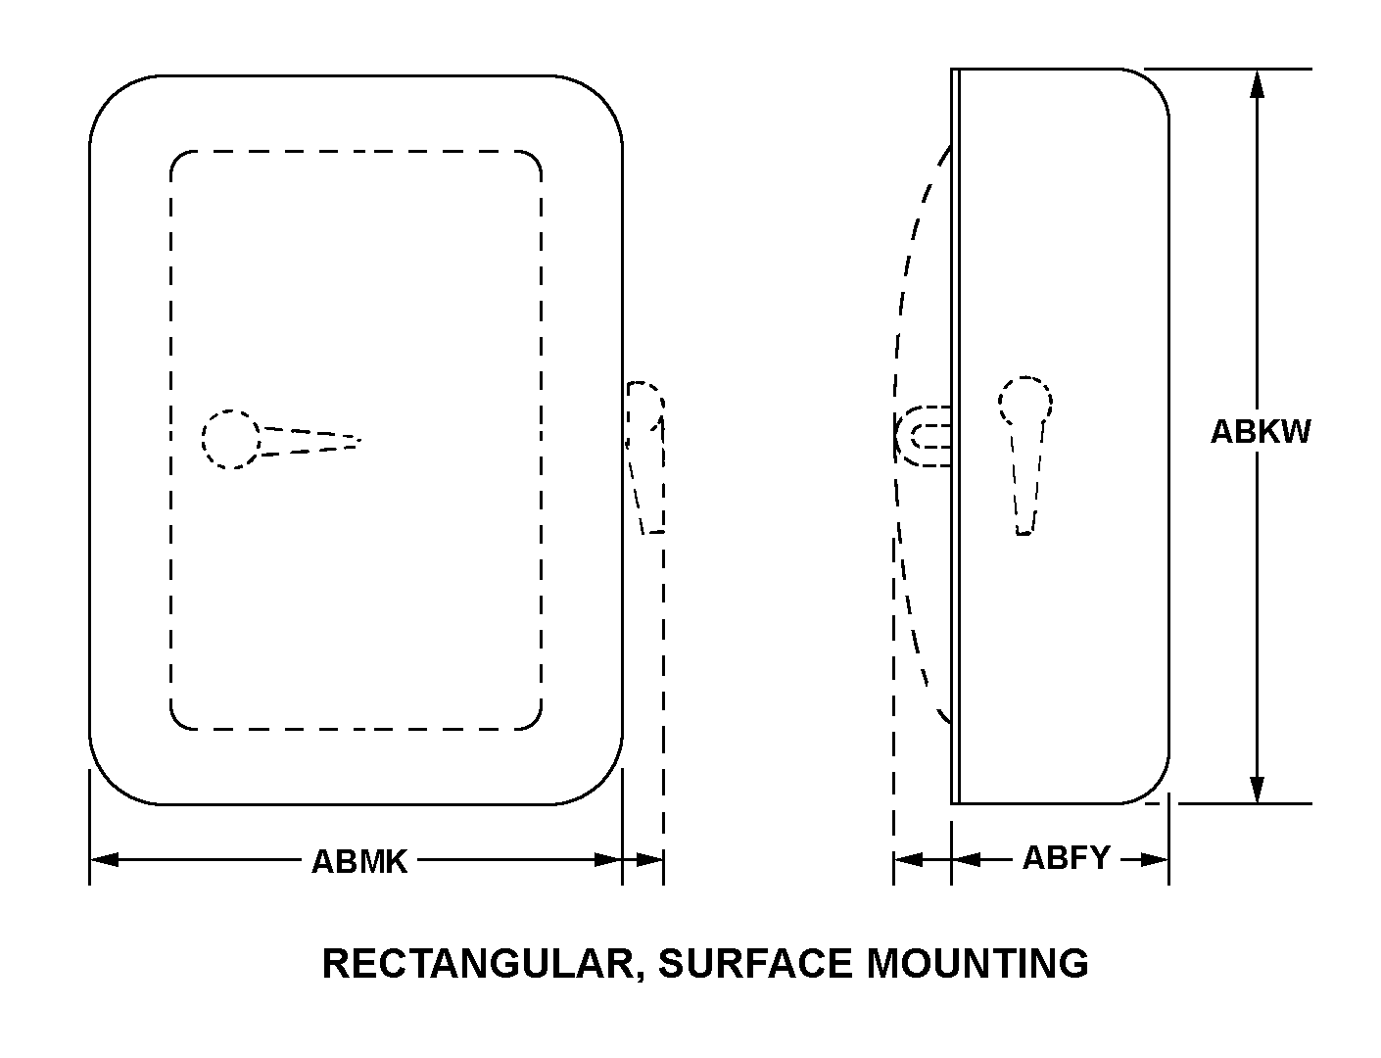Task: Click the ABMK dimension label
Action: coord(359,862)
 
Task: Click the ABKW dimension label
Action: coord(1261,431)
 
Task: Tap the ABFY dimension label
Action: coord(1066,858)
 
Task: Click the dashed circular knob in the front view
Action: coord(231,439)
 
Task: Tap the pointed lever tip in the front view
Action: coord(359,439)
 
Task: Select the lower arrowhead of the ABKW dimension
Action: coord(1257,789)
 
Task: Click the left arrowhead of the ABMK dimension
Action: coord(104,860)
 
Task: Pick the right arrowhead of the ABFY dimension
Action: coord(1155,860)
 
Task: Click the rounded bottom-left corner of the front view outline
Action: coord(108,787)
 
